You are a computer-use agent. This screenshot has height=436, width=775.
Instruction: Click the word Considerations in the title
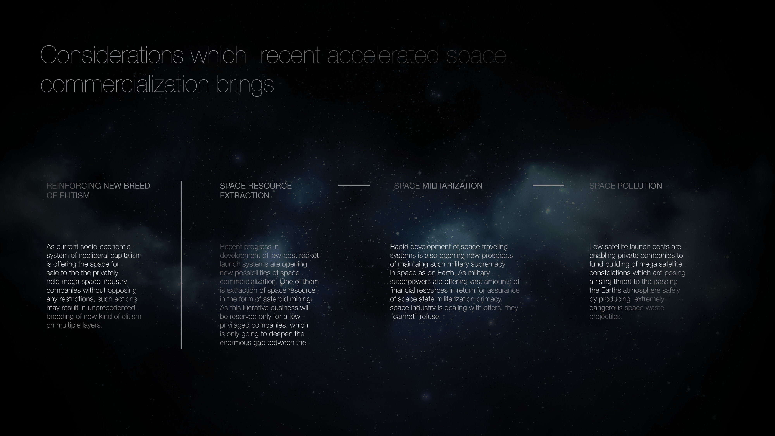tap(112, 55)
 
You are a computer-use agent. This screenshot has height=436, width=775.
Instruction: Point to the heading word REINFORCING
tap(74, 186)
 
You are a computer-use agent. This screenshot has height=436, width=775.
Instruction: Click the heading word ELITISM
tap(75, 196)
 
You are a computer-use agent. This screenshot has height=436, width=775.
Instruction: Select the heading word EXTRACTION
tap(245, 196)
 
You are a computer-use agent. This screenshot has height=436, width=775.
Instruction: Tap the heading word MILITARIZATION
tap(452, 186)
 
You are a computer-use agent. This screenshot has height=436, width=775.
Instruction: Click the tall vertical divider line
tap(181, 265)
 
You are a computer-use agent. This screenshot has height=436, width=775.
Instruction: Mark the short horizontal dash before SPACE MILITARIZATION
tap(354, 185)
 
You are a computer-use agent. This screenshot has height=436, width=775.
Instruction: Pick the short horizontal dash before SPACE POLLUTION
tap(549, 185)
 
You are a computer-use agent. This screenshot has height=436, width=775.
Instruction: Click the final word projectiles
tap(606, 317)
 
